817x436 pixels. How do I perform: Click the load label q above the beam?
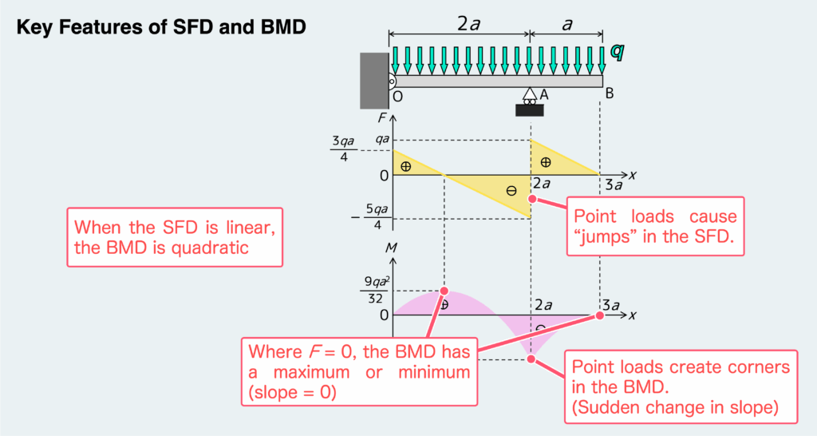tap(616, 51)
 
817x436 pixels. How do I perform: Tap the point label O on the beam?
tap(397, 96)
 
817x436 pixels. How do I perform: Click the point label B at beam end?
tap(609, 94)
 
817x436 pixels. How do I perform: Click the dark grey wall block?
tap(373, 81)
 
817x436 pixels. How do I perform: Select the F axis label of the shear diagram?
tap(382, 118)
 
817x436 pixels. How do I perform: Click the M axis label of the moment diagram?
tap(390, 249)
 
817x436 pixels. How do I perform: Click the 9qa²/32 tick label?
tap(374, 290)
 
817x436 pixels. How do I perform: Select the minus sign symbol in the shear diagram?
tap(511, 191)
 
